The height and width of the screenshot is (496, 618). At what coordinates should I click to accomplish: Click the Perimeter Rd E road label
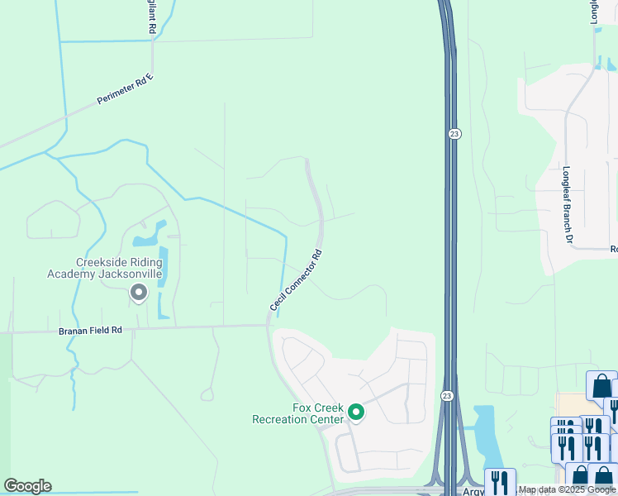[x=126, y=88]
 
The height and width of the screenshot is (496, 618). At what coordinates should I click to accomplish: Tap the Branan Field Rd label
[x=90, y=330]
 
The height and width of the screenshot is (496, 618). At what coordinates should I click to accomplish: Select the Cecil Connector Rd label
[x=295, y=281]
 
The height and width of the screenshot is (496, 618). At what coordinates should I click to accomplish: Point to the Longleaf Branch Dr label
[x=568, y=206]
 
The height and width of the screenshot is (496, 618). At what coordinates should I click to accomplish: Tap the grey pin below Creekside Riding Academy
[x=138, y=292]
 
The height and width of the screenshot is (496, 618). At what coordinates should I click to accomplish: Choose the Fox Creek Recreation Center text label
[x=299, y=413]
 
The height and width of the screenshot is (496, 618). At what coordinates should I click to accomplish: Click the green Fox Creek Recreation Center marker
[x=356, y=411]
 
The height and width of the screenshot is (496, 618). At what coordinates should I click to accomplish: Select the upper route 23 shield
[x=454, y=134]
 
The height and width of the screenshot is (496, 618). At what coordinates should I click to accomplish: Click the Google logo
[x=27, y=486]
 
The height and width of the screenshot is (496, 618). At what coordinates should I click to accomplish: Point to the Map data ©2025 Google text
[x=567, y=490]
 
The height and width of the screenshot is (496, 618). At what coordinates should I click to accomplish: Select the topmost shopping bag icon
[x=601, y=385]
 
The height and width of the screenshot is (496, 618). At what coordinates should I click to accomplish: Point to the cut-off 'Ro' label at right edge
[x=613, y=249]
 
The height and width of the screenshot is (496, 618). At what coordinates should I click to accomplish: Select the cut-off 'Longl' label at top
[x=594, y=12]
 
